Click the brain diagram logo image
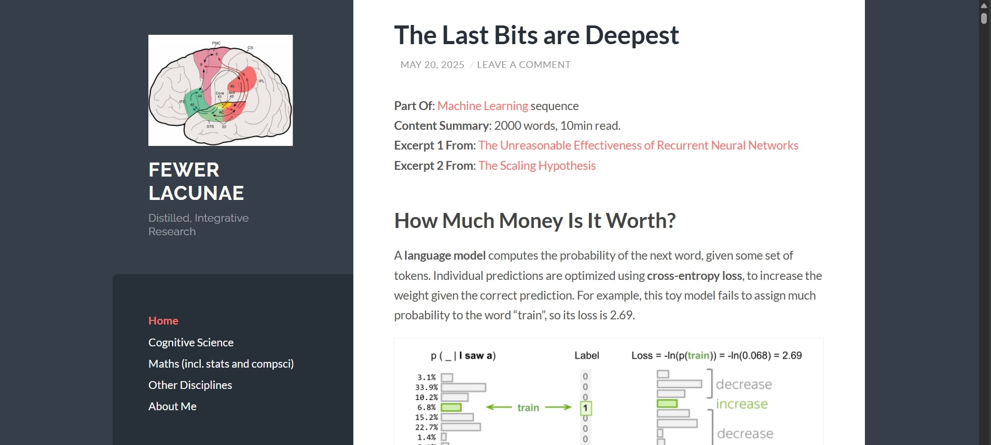pyautogui.click(x=221, y=90)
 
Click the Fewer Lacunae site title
pyautogui.click(x=196, y=181)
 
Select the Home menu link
pyautogui.click(x=163, y=321)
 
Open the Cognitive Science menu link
pyautogui.click(x=191, y=343)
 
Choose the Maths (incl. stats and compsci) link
pyautogui.click(x=221, y=364)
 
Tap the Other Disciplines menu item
pyautogui.click(x=190, y=385)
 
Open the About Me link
pyautogui.click(x=172, y=407)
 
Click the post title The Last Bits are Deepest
pyautogui.click(x=536, y=35)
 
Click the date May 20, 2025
pyautogui.click(x=432, y=65)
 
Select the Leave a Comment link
pyautogui.click(x=524, y=65)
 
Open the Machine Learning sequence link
pyautogui.click(x=483, y=106)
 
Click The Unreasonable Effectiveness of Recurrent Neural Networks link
pyautogui.click(x=638, y=145)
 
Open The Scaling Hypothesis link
pyautogui.click(x=537, y=166)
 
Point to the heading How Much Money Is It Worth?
pyautogui.click(x=535, y=221)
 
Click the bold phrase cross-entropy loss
pyautogui.click(x=694, y=276)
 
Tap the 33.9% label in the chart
pyautogui.click(x=426, y=387)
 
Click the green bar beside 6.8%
pyautogui.click(x=451, y=408)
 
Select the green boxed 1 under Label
pyautogui.click(x=585, y=408)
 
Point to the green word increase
pyautogui.click(x=742, y=404)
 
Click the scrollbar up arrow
pyautogui.click(x=984, y=6)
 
